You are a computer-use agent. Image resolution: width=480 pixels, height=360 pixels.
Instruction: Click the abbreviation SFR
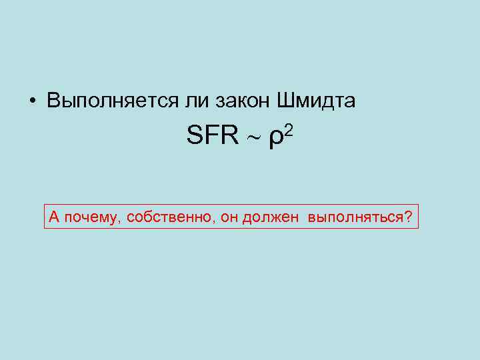pos(213,137)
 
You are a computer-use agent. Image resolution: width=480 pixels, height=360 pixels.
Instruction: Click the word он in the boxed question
pos(229,217)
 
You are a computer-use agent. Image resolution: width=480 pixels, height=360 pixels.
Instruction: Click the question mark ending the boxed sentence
pos(408,217)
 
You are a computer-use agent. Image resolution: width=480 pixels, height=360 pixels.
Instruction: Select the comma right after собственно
pos(215,221)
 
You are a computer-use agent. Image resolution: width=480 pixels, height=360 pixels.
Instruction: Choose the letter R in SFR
pos(229,137)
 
